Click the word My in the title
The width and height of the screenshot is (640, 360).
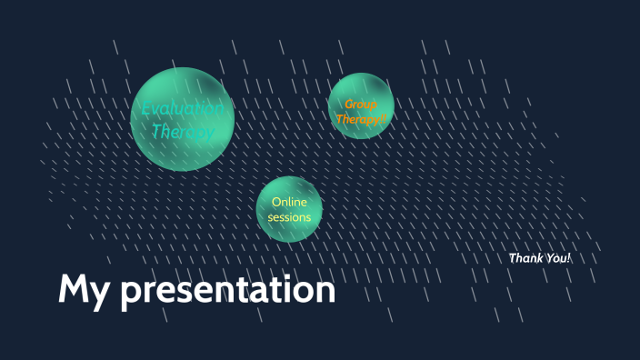click(x=85, y=290)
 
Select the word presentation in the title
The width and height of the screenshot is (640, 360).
click(x=228, y=291)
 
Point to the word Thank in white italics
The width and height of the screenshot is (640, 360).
click(x=525, y=258)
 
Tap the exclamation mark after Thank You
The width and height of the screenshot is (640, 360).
click(x=569, y=258)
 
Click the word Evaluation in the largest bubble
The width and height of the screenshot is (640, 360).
click(x=183, y=109)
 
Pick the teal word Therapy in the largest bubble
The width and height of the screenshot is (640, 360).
click(x=183, y=132)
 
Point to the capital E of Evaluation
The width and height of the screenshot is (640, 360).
click(x=146, y=109)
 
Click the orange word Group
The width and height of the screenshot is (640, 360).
click(x=361, y=105)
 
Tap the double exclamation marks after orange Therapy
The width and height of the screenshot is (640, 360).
click(x=384, y=118)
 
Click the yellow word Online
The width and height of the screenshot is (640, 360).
click(x=289, y=202)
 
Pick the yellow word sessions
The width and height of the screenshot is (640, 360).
click(x=289, y=217)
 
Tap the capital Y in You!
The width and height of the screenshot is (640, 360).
click(x=549, y=258)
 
